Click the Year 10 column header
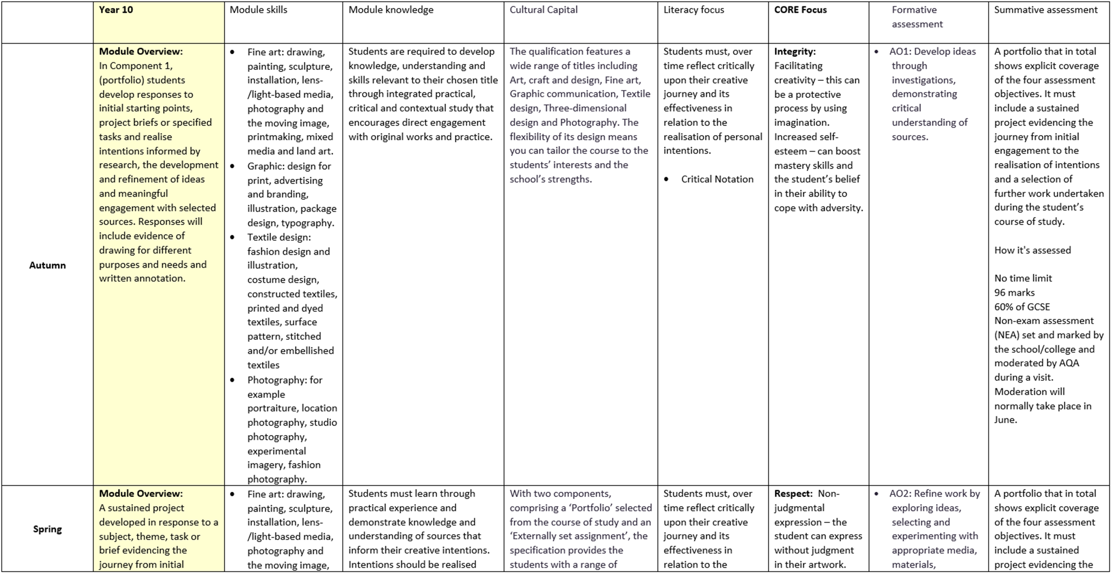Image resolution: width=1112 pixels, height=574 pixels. point(116,10)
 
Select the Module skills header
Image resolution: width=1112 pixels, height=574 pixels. point(258,10)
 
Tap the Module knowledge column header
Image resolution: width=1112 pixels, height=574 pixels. point(390,10)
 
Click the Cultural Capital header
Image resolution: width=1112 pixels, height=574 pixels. point(543,10)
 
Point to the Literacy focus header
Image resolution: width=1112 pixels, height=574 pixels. point(694,10)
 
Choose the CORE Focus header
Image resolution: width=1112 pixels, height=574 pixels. point(800,10)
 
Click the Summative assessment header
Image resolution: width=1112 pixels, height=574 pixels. point(1046,10)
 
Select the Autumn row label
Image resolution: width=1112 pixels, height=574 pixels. point(47,265)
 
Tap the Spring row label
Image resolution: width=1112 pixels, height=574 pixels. point(47,529)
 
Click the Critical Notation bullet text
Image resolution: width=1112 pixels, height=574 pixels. point(717,179)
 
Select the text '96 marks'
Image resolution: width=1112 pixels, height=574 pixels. point(1014,292)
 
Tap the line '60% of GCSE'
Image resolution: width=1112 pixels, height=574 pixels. point(1022,307)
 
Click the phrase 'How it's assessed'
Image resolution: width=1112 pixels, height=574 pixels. point(1032,250)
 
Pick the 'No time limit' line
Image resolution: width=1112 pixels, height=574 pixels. point(1023,278)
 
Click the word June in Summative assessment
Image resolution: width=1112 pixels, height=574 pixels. point(1004,420)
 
